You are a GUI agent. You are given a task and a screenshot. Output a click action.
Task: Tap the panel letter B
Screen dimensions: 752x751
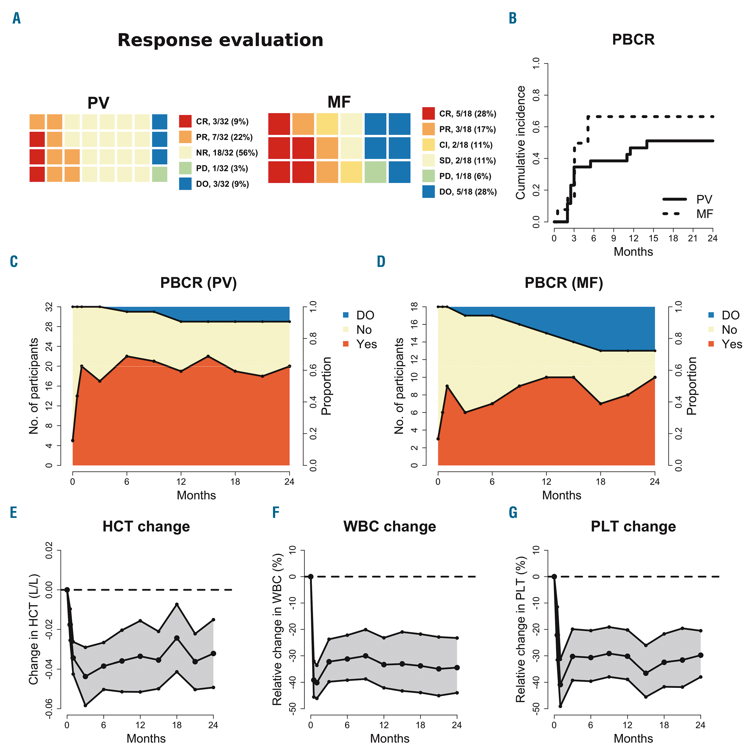513,18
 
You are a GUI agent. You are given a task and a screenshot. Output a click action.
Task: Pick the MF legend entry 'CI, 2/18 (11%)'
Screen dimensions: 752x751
465,145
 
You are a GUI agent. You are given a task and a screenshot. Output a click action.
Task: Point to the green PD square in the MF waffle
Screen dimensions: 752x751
375,172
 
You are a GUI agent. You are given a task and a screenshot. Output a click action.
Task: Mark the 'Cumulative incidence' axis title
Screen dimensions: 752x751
520,143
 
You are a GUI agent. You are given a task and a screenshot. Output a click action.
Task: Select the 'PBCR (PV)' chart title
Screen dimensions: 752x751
198,283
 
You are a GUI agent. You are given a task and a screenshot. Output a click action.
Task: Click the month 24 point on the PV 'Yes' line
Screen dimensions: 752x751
289,366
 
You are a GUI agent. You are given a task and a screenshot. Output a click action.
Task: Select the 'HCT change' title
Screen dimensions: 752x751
146,526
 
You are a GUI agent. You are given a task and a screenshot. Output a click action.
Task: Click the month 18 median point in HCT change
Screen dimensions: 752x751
177,638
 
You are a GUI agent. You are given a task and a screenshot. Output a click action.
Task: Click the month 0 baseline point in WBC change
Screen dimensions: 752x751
311,576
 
